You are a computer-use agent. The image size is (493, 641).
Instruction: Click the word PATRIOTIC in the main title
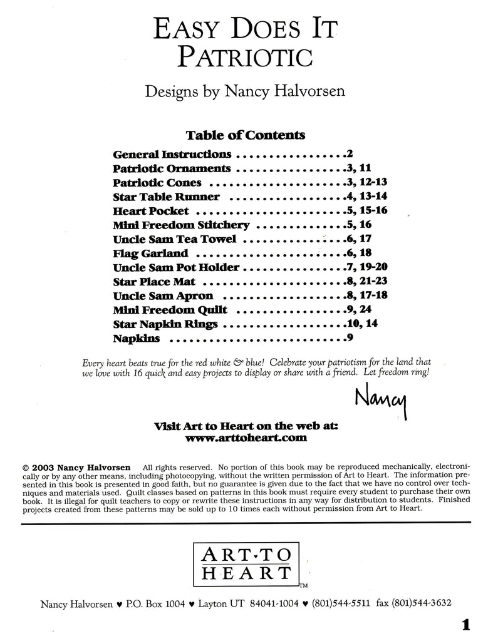pos(245,56)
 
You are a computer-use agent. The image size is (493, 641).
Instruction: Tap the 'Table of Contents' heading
pos(245,135)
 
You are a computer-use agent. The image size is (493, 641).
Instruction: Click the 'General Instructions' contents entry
pos(172,153)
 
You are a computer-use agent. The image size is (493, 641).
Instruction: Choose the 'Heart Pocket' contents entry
pos(151,211)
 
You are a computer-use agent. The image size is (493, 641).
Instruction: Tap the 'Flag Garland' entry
pos(150,254)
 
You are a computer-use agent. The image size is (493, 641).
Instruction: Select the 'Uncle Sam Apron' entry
pos(163,295)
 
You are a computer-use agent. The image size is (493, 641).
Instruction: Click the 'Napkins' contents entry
pos(137,339)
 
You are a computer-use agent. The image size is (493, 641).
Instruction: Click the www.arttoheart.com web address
pos(246,438)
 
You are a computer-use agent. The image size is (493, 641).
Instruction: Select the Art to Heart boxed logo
pos(246,563)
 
